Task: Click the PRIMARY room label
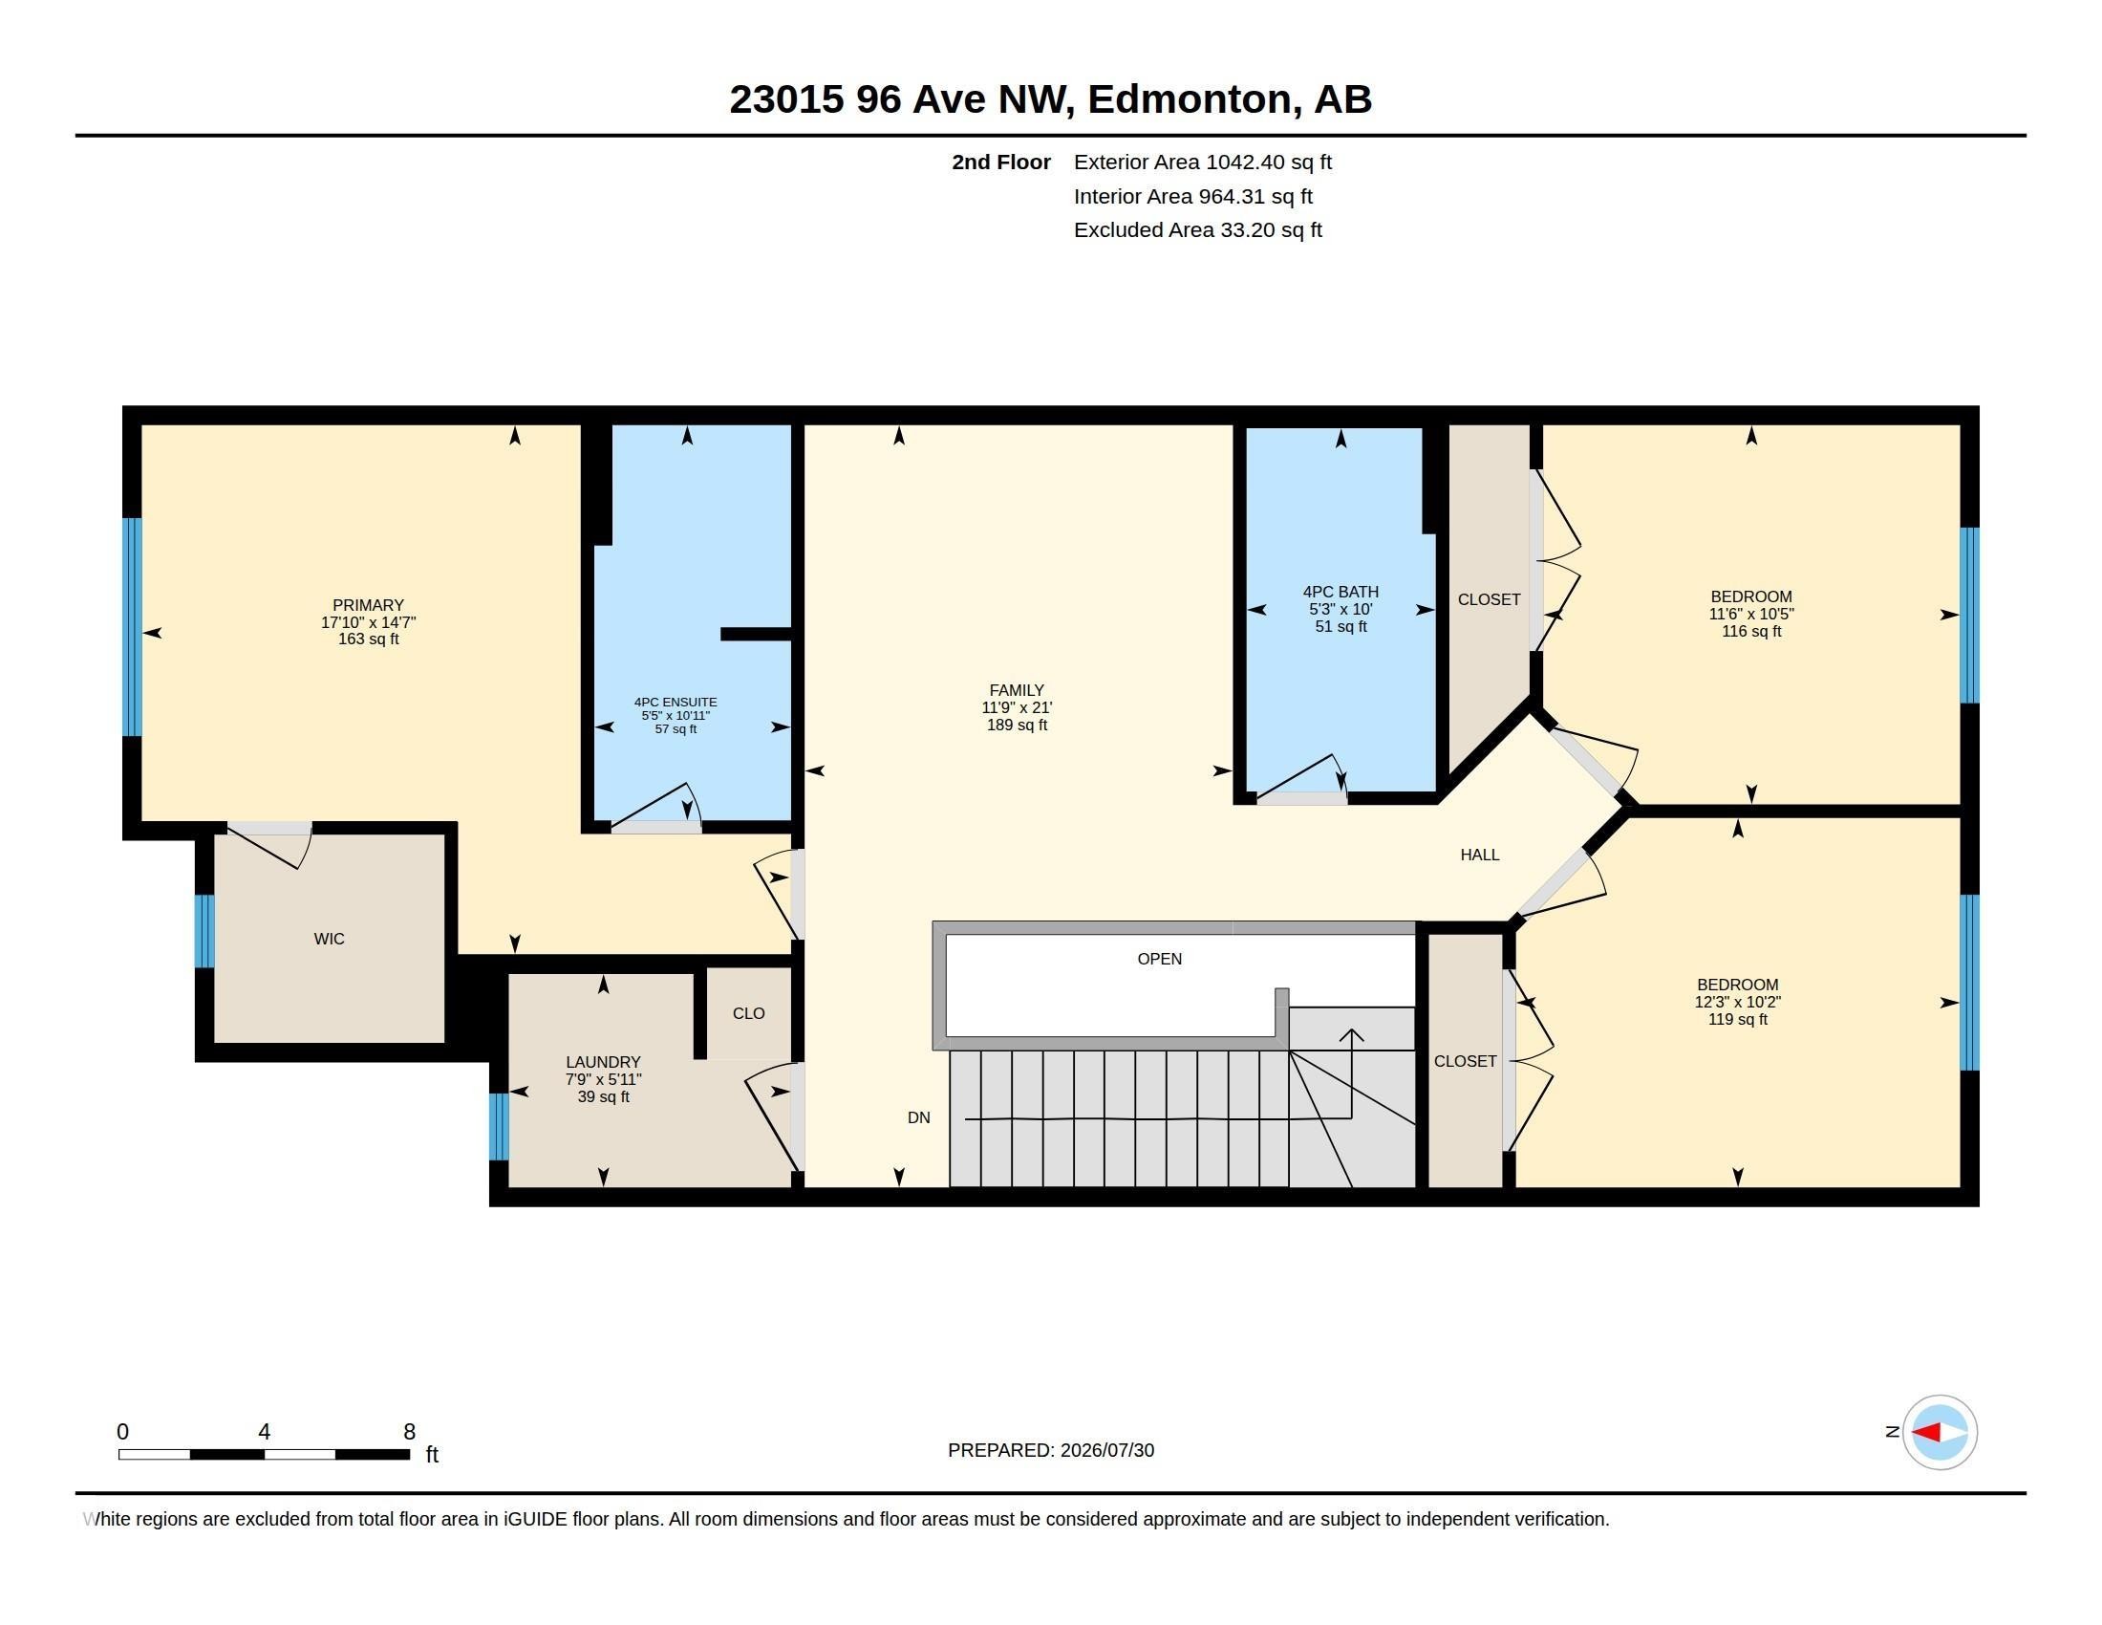point(368,605)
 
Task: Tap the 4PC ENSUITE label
point(676,703)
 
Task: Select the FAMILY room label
point(1017,690)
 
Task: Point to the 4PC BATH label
point(1341,592)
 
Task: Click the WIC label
point(330,939)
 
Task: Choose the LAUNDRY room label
point(604,1062)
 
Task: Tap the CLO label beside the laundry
point(749,1012)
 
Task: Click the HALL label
point(1480,854)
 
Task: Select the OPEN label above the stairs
point(1160,958)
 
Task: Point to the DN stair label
point(919,1117)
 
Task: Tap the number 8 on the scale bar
point(409,1432)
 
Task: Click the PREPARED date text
point(1051,1450)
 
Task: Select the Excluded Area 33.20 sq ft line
point(1198,230)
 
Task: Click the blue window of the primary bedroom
point(132,627)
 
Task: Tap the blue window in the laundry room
point(499,1126)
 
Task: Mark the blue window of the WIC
point(204,931)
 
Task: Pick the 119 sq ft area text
point(1737,1019)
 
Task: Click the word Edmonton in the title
point(1190,99)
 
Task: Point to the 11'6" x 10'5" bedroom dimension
point(1750,615)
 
